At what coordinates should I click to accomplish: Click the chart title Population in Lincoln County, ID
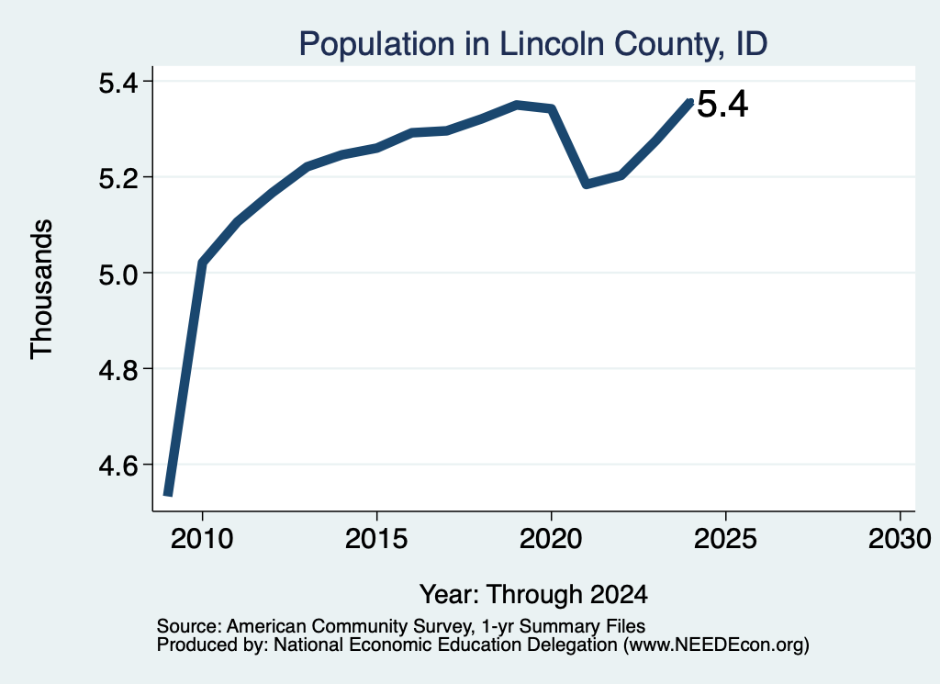coord(533,44)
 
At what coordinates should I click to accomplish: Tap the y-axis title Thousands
coord(42,289)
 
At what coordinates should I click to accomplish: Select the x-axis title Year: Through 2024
coord(533,594)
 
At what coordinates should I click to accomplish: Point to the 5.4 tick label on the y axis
coord(118,82)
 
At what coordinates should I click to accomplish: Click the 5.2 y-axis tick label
coord(118,178)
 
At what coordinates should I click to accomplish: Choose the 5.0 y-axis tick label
coord(118,274)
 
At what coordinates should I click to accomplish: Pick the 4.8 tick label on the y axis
coord(118,369)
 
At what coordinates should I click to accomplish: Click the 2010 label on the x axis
coord(202,538)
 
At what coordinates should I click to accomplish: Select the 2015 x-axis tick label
coord(376,538)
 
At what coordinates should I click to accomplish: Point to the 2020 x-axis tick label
coord(551,538)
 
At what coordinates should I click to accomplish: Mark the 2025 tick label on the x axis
coord(725,538)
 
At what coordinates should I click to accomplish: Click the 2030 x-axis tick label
coord(900,538)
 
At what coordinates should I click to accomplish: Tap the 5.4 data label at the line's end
coord(723,105)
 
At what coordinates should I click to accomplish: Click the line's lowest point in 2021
coord(587,184)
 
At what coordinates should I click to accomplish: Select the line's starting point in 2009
coord(169,494)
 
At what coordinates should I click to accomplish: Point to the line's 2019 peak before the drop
coord(517,106)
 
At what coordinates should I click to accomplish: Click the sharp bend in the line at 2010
coord(202,263)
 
